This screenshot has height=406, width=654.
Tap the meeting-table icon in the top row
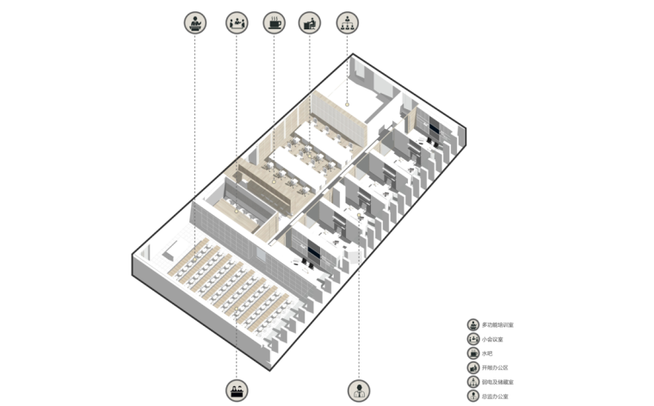(237, 22)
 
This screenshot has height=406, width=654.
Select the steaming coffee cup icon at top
(275, 22)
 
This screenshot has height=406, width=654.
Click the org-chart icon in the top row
(347, 22)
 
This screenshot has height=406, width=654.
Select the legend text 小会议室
(493, 340)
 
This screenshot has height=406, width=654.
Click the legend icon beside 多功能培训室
(473, 325)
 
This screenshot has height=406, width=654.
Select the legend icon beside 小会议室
(473, 340)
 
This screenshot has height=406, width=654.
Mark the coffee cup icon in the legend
(473, 354)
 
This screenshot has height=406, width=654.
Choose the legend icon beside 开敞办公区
(473, 368)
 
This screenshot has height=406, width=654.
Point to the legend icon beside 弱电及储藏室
(473, 382)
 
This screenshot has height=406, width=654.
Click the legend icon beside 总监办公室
(473, 397)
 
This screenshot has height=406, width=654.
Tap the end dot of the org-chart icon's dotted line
(347, 105)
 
